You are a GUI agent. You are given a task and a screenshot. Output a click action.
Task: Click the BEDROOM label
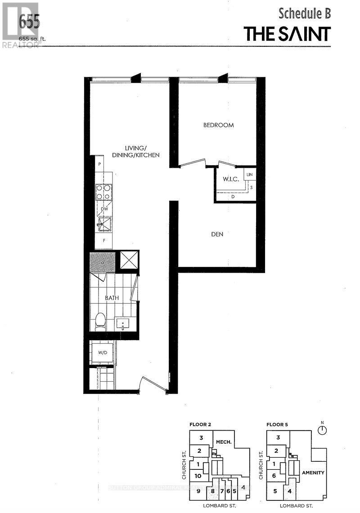coord(219,125)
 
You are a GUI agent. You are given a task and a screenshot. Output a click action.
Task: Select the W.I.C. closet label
coord(230,179)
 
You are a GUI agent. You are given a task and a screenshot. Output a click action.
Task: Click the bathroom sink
coord(123,323)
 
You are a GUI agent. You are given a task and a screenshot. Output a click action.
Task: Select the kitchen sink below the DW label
coord(104,223)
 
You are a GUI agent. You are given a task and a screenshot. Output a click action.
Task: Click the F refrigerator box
coord(104,241)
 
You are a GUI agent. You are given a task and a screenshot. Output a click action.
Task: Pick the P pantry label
coord(99,164)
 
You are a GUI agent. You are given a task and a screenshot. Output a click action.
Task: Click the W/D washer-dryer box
coord(103,352)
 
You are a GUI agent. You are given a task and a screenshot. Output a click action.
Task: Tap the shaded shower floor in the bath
coord(103,261)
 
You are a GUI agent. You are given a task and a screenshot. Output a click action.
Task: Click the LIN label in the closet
coord(249,174)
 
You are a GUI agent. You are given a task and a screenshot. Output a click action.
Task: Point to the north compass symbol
coord(321,429)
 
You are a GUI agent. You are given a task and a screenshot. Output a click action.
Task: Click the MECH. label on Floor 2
coord(223,442)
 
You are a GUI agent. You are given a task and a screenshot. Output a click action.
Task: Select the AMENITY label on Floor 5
coord(313,472)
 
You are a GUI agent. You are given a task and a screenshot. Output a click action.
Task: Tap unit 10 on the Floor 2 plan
coord(198,476)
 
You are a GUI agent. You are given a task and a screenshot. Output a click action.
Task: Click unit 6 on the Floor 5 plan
coord(274,476)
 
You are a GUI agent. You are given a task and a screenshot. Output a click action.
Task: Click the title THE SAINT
coord(288,34)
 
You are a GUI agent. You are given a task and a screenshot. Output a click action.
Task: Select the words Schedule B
coord(305,13)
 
